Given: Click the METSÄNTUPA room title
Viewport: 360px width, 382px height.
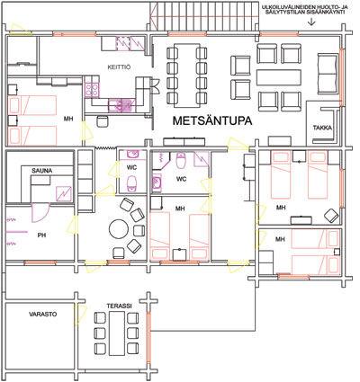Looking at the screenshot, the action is (x=212, y=120).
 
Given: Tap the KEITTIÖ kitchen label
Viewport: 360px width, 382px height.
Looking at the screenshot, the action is (x=119, y=67).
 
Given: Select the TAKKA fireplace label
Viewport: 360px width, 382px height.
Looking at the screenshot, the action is (x=322, y=128).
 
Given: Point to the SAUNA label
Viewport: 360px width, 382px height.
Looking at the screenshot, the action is (x=42, y=171).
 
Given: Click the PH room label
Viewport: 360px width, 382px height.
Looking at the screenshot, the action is (x=42, y=235).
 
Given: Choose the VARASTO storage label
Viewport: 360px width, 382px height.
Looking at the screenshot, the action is (x=43, y=315).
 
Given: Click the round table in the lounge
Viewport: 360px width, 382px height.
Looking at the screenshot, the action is (x=118, y=229).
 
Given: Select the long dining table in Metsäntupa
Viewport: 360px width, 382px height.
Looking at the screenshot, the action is (x=186, y=75).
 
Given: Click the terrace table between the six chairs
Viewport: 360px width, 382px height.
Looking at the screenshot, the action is (x=117, y=333).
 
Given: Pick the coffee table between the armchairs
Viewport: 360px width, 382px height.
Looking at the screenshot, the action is (x=279, y=77).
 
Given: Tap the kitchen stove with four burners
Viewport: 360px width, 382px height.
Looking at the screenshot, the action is (x=92, y=86).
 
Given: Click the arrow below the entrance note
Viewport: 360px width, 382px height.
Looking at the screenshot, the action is (x=312, y=22).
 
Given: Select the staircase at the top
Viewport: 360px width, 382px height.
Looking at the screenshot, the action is (x=203, y=15).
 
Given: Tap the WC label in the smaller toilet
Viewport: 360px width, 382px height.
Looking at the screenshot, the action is (x=131, y=168).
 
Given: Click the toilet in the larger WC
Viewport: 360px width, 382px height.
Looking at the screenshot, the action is (x=181, y=160).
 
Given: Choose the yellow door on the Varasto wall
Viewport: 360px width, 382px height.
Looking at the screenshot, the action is (x=81, y=317).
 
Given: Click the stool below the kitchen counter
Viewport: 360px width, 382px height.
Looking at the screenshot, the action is (x=103, y=121).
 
